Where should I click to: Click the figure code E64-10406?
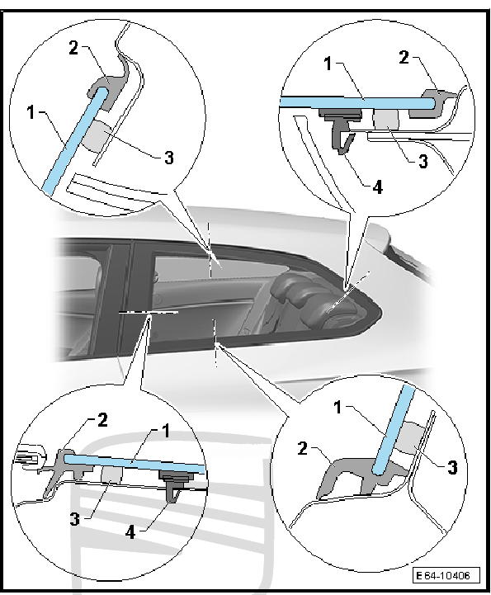coord(446,575)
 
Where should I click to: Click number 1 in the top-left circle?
coord(32,112)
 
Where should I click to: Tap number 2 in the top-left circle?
coord(73,48)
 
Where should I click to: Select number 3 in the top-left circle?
coord(168,158)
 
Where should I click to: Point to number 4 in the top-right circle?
coord(377,187)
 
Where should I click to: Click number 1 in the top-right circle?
coord(328,64)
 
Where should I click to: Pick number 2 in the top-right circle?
coord(404,57)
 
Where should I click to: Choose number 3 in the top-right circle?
coord(423,161)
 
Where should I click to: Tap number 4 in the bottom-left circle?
coord(130,532)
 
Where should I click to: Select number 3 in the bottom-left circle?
coord(75,519)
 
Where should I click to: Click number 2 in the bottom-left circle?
coord(102,420)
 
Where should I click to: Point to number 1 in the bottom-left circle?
coord(165,431)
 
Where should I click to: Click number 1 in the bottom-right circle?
coord(338,408)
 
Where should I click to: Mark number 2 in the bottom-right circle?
coord(302,449)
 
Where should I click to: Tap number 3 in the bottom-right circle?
coord(452,467)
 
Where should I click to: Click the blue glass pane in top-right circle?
coord(356,103)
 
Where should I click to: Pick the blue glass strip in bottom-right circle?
coord(394,430)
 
